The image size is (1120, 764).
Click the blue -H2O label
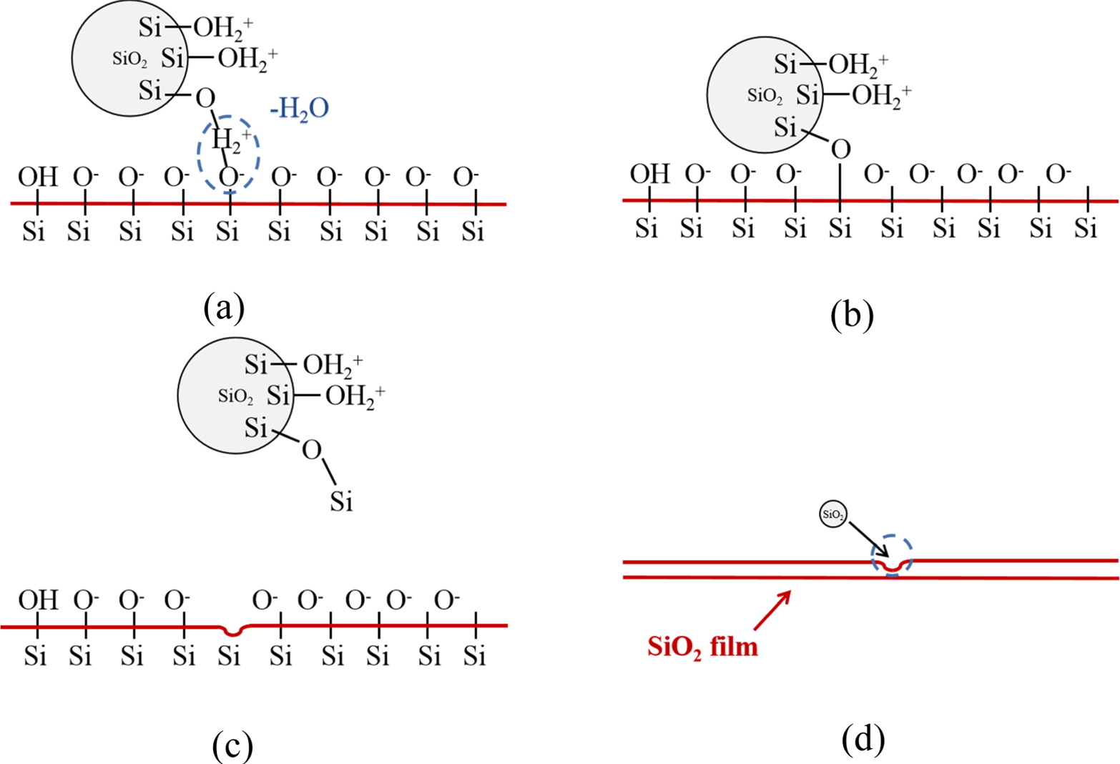[300, 109]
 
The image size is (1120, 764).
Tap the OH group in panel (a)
[37, 177]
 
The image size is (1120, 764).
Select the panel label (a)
[224, 308]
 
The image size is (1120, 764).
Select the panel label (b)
[852, 314]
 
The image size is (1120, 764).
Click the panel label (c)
[232, 746]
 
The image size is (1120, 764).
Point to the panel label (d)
[863, 740]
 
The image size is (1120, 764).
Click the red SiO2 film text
[702, 647]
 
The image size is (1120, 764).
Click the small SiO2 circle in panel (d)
[833, 514]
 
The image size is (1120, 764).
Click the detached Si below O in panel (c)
[341, 502]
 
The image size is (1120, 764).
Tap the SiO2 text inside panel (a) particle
[129, 59]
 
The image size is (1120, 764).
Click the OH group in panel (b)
[649, 174]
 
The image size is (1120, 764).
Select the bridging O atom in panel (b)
[840, 149]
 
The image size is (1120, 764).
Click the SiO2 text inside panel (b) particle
[765, 95]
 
